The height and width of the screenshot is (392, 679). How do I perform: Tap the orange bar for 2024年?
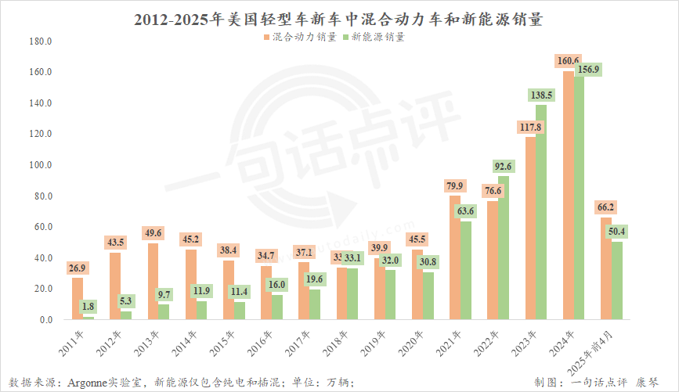(x=569, y=196)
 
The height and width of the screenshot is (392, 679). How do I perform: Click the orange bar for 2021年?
(x=455, y=258)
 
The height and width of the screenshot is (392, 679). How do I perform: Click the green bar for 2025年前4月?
(x=617, y=281)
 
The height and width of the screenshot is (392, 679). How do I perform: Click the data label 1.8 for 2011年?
(x=88, y=306)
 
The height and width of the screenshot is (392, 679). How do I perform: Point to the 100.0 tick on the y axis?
(x=40, y=165)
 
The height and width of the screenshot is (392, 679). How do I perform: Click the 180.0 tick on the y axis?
(x=40, y=41)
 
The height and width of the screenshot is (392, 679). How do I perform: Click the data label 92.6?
(x=504, y=166)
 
